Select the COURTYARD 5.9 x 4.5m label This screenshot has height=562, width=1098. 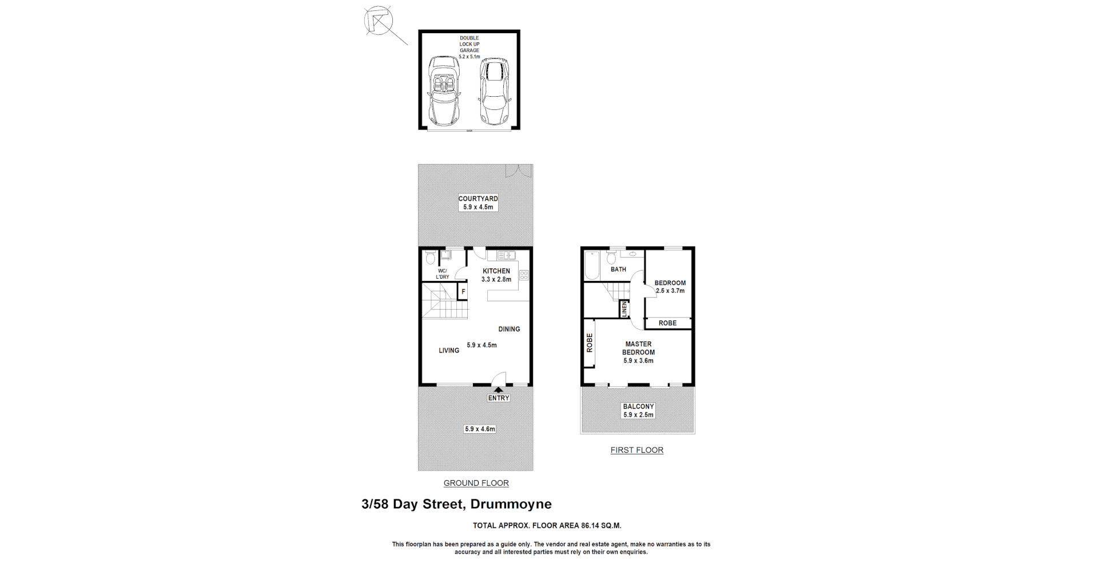(x=478, y=203)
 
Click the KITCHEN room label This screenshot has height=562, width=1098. (x=496, y=271)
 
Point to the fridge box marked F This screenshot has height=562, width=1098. (x=463, y=292)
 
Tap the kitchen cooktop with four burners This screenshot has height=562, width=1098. (x=524, y=275)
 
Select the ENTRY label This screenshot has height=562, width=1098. (x=498, y=398)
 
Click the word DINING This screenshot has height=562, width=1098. (x=509, y=329)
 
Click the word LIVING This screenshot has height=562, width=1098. (x=449, y=350)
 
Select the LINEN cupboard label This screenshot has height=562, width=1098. (x=624, y=310)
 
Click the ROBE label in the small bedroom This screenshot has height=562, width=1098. (x=667, y=323)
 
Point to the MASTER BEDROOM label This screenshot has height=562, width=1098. (x=638, y=349)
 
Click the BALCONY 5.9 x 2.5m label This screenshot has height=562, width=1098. (x=638, y=410)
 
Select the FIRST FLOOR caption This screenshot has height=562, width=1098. (x=636, y=450)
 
